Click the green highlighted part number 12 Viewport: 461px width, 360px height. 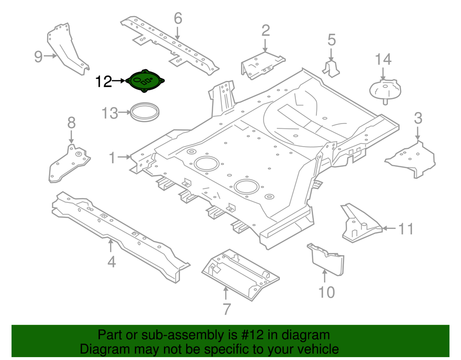tap(146, 80)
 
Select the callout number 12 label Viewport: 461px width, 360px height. tap(103, 82)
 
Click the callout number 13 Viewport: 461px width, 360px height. tap(109, 113)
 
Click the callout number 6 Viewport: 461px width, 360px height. tap(178, 19)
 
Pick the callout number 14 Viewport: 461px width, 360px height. tap(383, 60)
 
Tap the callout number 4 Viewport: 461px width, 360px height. tap(111, 262)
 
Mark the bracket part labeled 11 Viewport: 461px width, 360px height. tap(360, 223)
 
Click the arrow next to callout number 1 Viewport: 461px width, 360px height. tap(124, 157)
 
